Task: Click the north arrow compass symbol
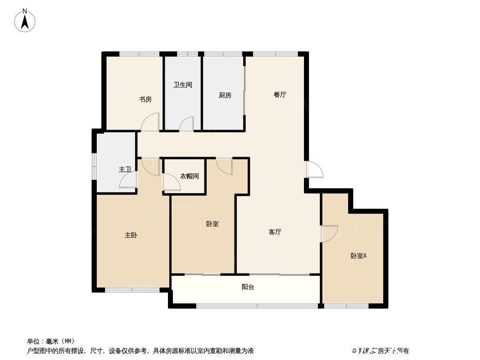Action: tap(25, 21)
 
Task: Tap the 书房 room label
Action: tap(145, 99)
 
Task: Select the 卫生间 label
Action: tap(183, 85)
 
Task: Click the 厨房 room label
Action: tap(225, 95)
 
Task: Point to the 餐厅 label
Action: tap(280, 95)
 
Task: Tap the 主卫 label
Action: tap(125, 169)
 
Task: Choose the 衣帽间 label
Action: tap(190, 176)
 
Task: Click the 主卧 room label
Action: tap(131, 235)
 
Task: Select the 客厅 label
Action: tap(275, 232)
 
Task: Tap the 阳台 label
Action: tap(248, 287)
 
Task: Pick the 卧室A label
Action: tap(359, 256)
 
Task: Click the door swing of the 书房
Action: tap(150, 123)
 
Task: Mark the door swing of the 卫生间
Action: tap(186, 124)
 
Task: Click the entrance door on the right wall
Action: tap(314, 170)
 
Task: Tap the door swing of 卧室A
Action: tap(329, 233)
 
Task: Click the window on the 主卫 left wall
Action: tap(94, 166)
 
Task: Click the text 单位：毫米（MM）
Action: tap(51, 341)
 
